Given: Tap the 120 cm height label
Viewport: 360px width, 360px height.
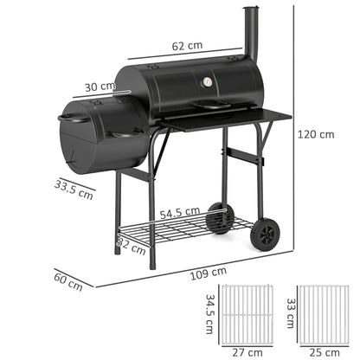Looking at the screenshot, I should (x=314, y=134).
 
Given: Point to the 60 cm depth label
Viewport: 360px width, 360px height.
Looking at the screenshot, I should (x=68, y=280).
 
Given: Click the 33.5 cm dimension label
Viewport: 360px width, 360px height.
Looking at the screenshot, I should (x=73, y=189).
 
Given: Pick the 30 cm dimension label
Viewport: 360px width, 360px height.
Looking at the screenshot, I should (x=101, y=86).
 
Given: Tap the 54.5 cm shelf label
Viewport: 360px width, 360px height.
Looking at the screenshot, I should (x=180, y=210).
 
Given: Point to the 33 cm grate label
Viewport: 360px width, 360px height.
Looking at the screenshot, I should (x=289, y=309).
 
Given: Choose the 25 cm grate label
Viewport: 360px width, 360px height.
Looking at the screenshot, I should (x=319, y=351).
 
